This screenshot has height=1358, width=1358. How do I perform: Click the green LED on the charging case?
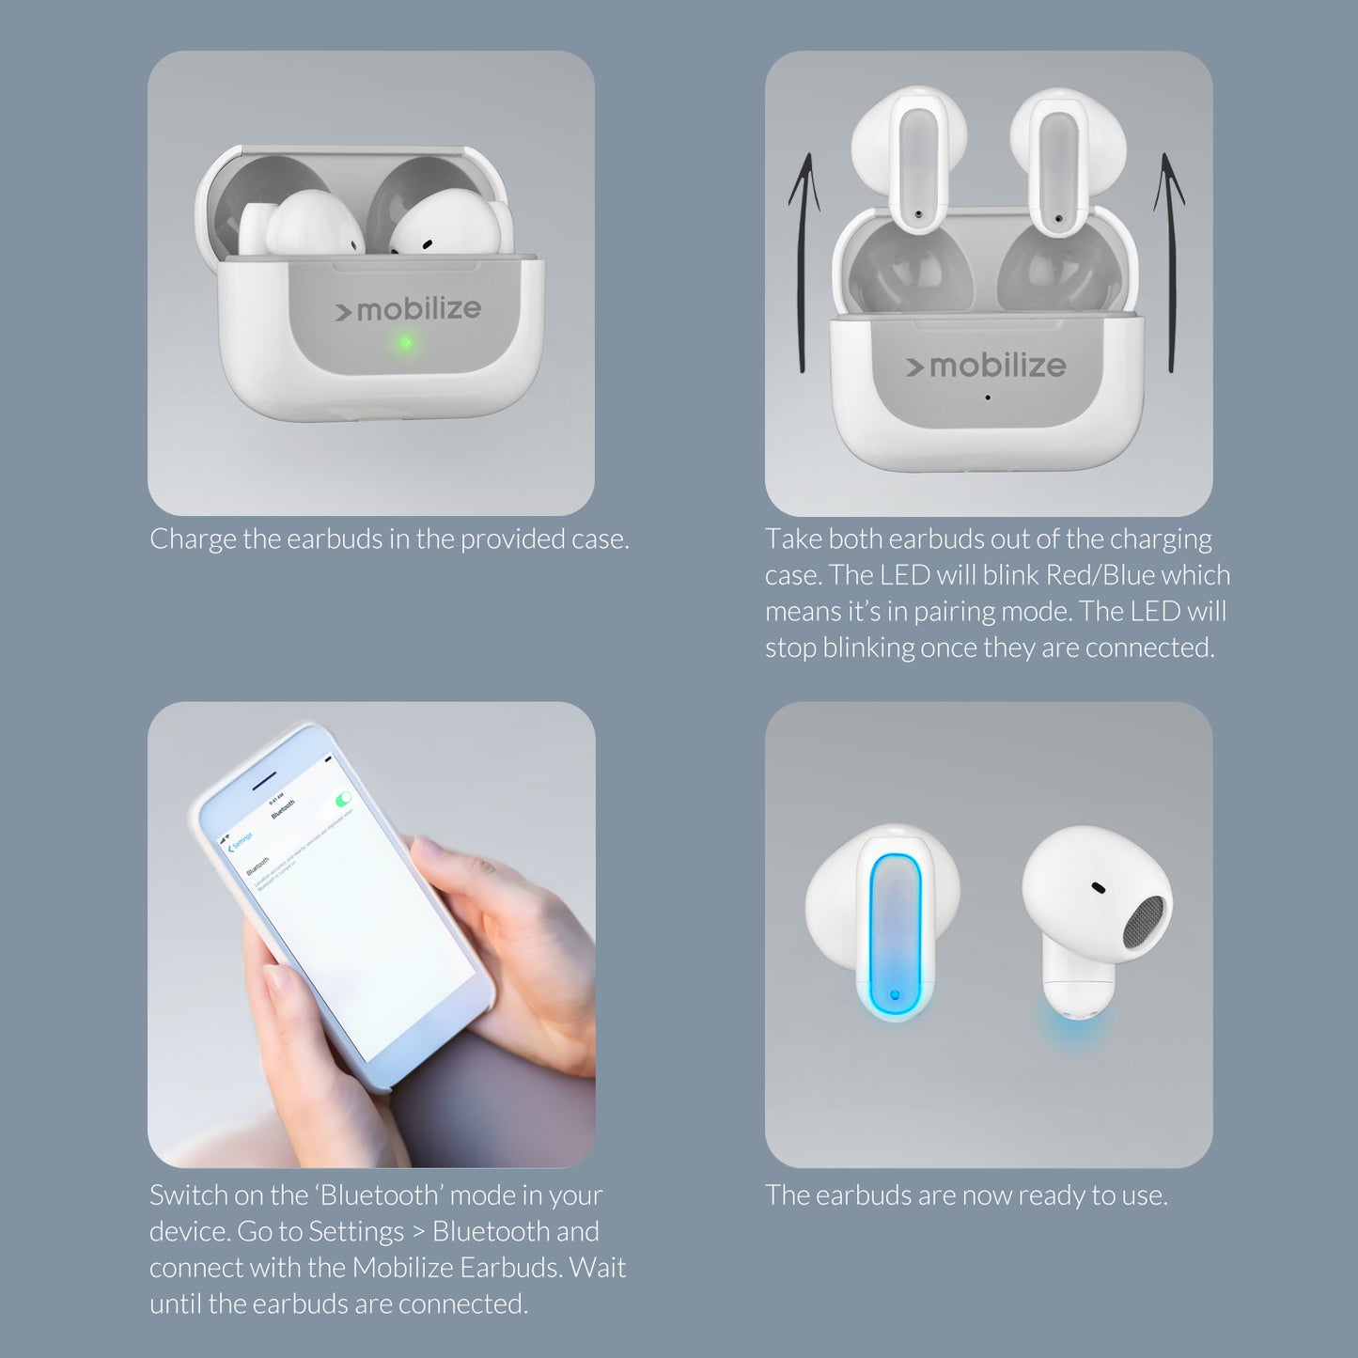(405, 342)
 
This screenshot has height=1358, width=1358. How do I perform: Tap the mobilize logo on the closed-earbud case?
(409, 309)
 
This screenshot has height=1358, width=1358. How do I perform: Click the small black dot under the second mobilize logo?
(987, 398)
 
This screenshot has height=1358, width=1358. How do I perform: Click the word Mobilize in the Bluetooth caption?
(401, 1268)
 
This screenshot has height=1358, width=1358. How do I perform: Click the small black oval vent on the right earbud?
(1097, 886)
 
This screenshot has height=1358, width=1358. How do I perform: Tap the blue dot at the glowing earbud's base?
(894, 994)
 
